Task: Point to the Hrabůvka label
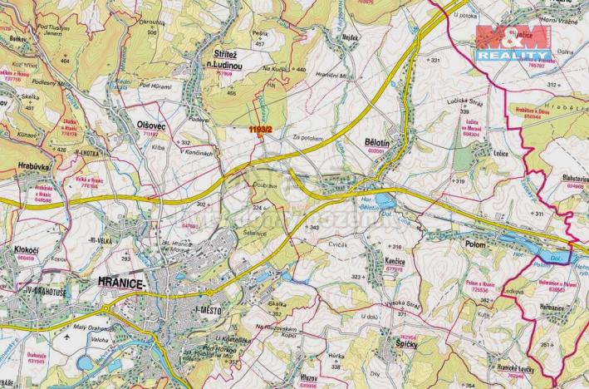click(x=32, y=166)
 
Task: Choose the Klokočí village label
click(x=27, y=249)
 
